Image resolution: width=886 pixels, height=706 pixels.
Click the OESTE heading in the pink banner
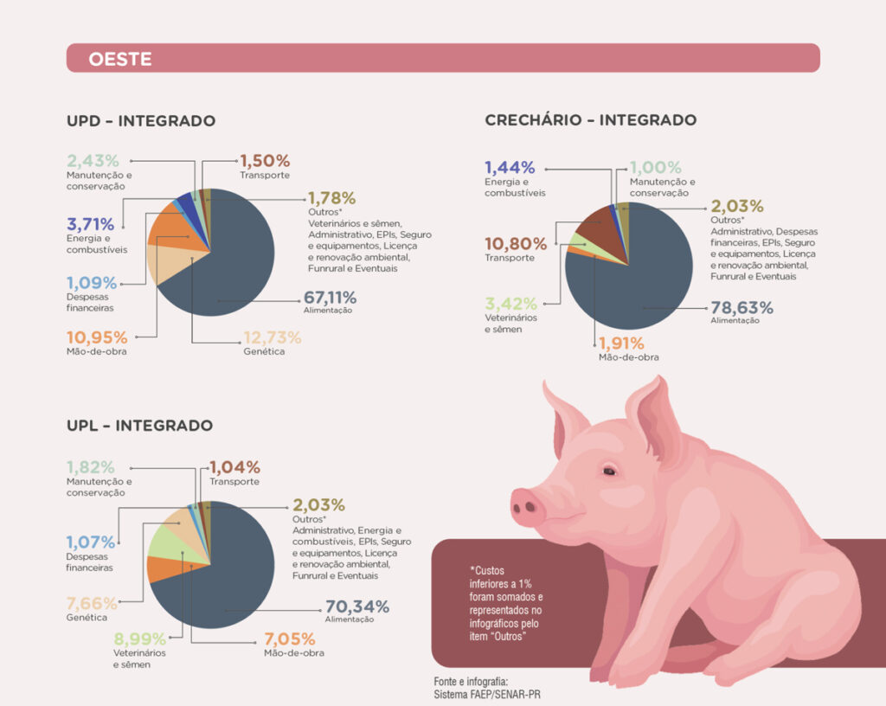(x=120, y=59)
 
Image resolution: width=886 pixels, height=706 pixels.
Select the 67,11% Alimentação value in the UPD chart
(x=330, y=298)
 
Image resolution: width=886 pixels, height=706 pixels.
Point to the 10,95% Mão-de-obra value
(x=97, y=337)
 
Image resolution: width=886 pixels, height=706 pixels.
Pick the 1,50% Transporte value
(x=265, y=161)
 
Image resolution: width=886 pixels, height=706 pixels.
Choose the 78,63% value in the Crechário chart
(x=742, y=308)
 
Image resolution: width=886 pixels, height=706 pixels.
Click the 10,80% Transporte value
(x=516, y=244)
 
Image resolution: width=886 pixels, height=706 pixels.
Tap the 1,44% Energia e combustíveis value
(x=510, y=168)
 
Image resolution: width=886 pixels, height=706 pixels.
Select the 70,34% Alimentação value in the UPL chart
(x=357, y=607)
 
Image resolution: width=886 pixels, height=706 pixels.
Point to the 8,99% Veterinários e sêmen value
(x=139, y=640)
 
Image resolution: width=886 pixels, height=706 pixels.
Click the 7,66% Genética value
(x=91, y=604)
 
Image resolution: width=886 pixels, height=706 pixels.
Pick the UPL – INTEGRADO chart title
(x=139, y=426)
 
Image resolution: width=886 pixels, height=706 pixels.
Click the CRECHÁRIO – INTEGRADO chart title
(x=590, y=120)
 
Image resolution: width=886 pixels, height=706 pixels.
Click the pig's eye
(x=610, y=472)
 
